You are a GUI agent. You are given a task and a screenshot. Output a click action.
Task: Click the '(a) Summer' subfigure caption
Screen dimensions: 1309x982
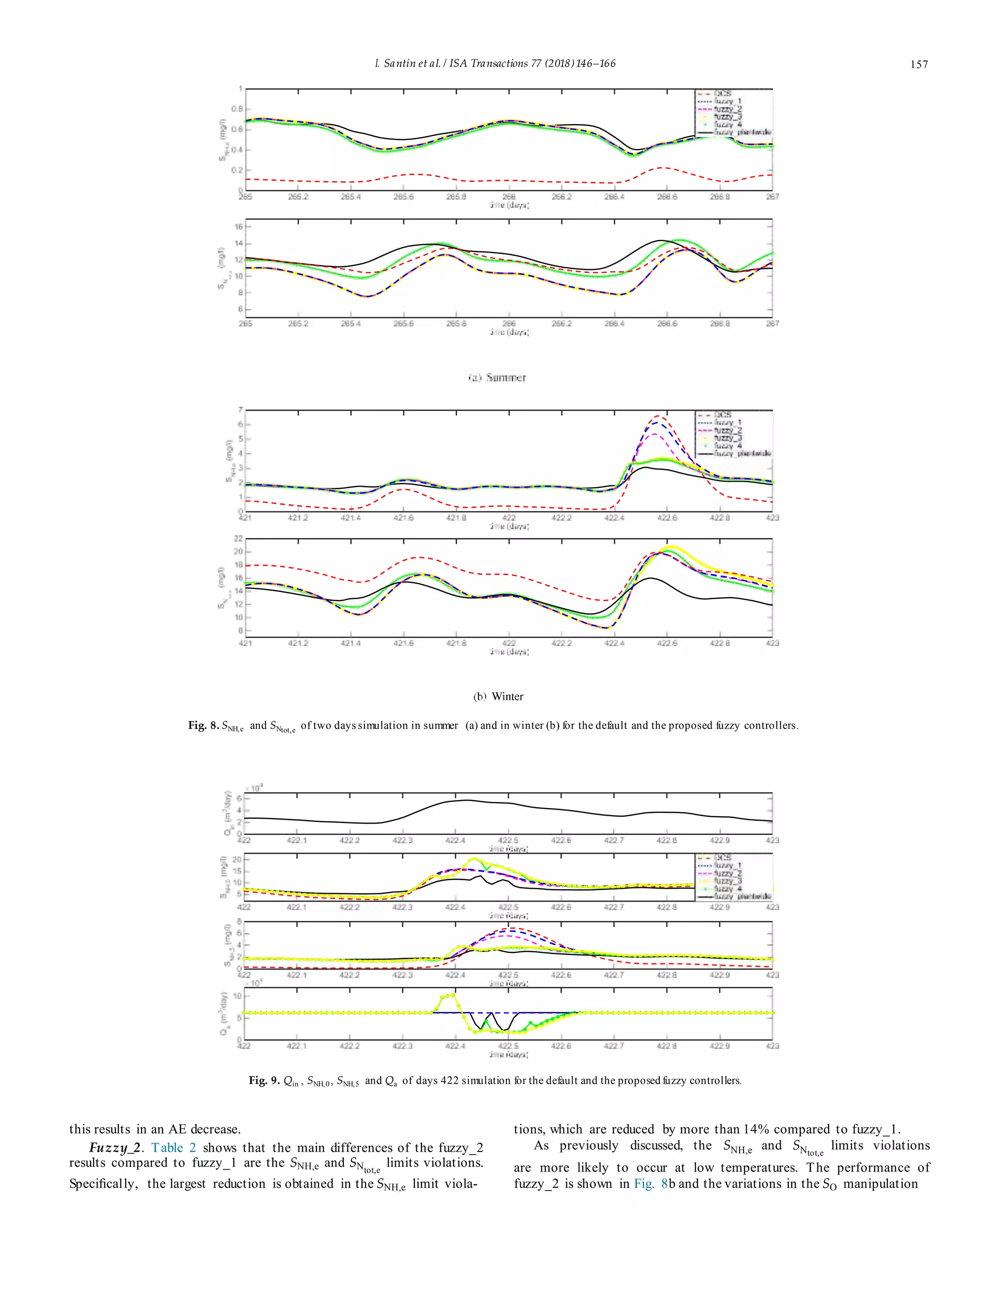[497, 378]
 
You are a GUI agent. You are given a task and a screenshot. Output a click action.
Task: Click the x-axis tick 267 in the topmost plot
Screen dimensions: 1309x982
[772, 197]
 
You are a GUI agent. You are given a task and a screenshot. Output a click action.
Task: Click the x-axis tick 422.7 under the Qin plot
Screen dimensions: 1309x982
[614, 840]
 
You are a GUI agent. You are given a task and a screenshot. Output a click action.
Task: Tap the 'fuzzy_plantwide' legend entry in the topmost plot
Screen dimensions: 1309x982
[742, 132]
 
